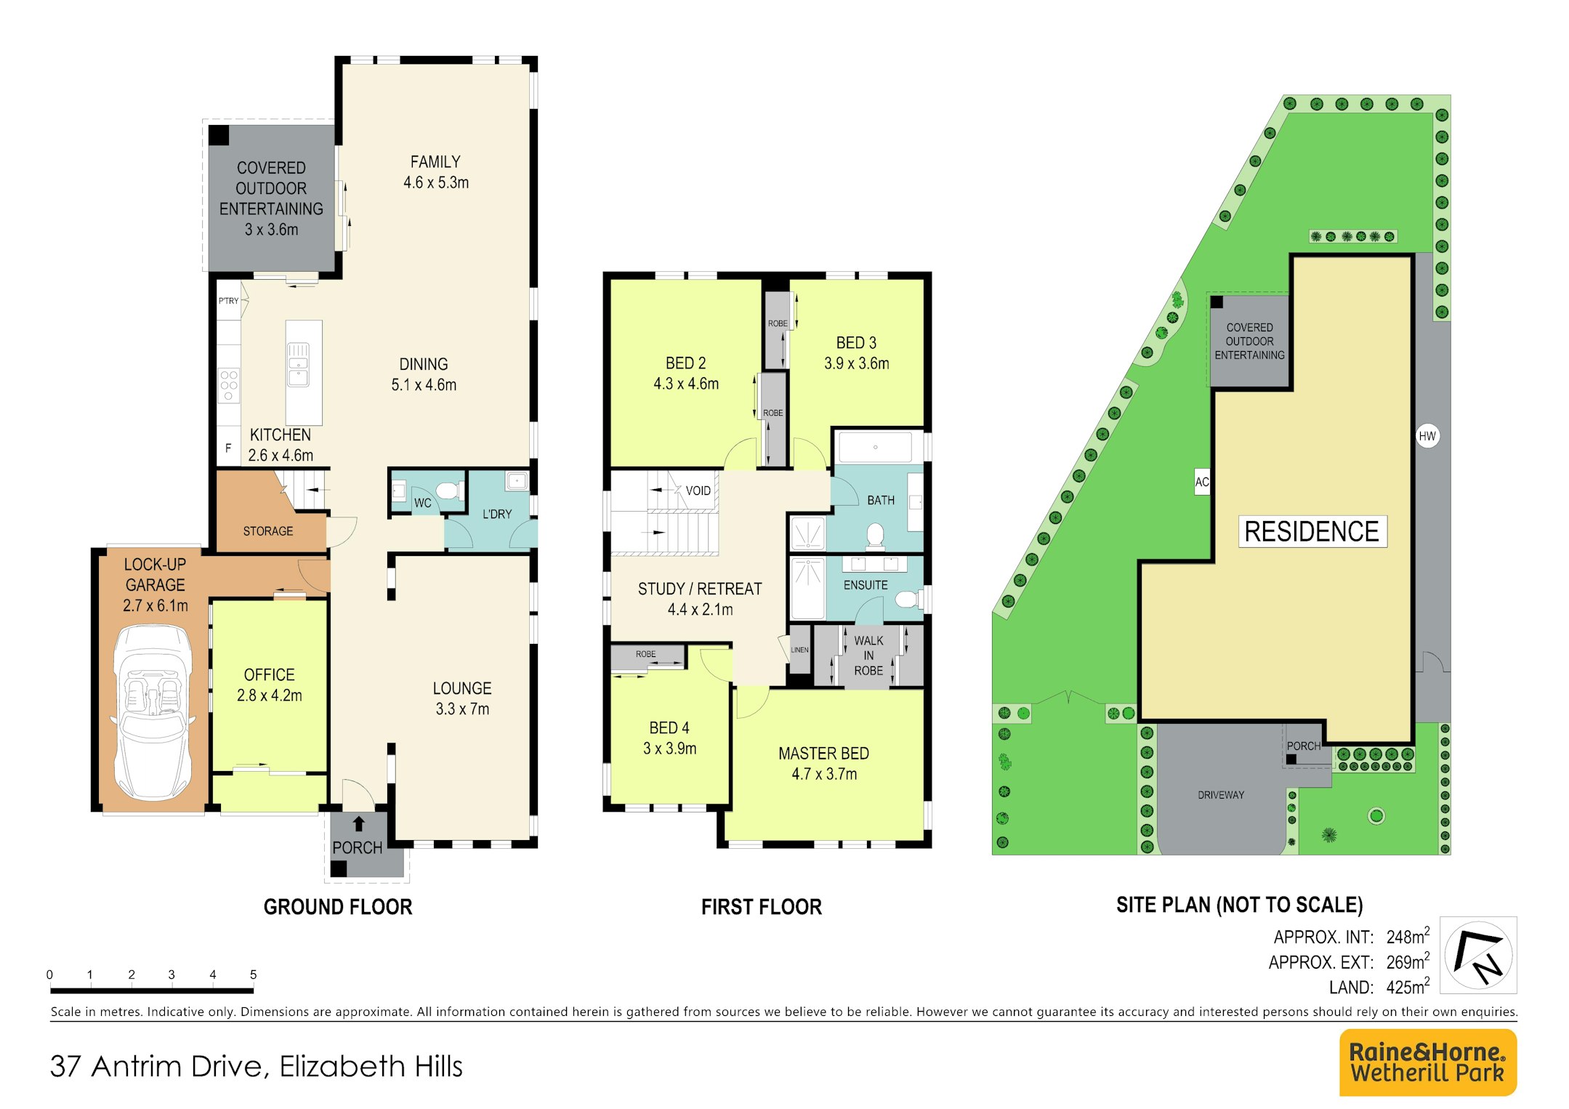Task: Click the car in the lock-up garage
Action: tap(153, 712)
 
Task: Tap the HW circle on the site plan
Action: tap(1427, 436)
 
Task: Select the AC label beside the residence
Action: tap(1202, 482)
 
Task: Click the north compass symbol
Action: tap(1478, 955)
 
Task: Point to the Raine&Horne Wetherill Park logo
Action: tap(1427, 1062)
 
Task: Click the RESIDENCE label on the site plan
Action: tap(1312, 531)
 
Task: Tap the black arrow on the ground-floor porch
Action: tap(358, 824)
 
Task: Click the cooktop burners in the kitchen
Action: tap(229, 386)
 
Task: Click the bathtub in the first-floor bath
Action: tap(875, 447)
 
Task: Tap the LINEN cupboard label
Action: tap(799, 650)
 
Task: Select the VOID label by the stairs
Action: tap(698, 491)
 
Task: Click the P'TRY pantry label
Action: tap(228, 301)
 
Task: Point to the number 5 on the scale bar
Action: tap(253, 975)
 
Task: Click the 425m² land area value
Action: tap(1408, 986)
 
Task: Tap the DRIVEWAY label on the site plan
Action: tap(1221, 795)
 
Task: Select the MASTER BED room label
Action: tap(823, 754)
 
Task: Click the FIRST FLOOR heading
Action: tap(762, 907)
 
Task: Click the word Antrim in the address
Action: tap(140, 1066)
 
